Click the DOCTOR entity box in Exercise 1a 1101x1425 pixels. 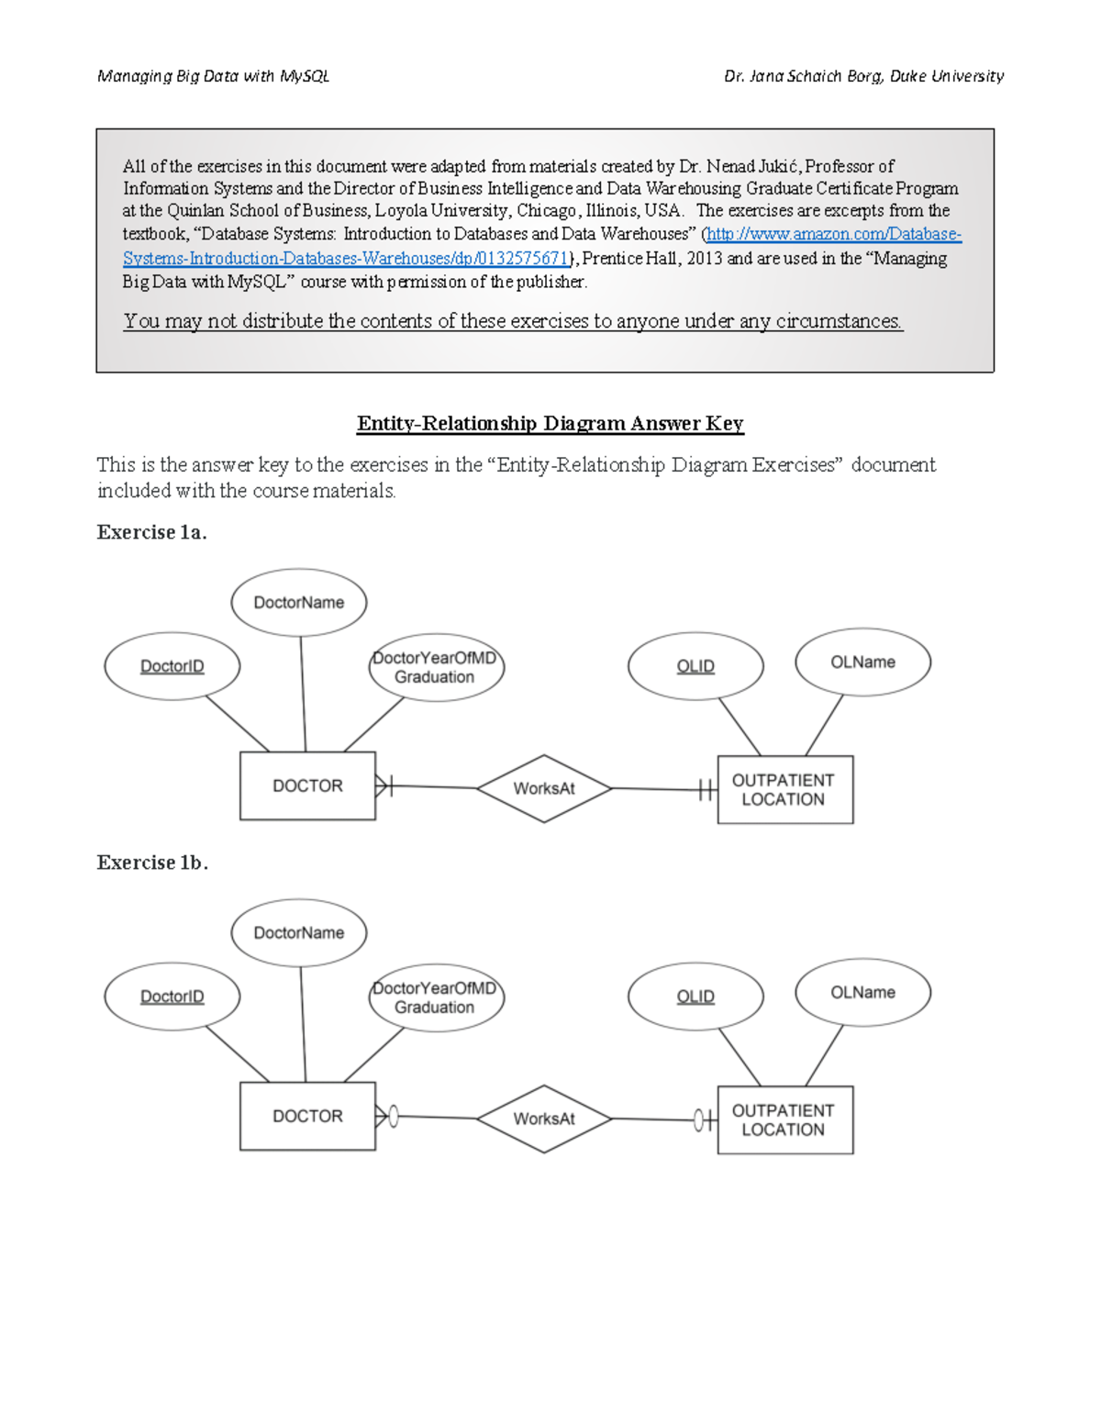point(307,785)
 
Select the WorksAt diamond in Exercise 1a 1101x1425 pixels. point(544,788)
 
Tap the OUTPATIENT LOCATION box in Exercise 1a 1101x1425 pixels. point(784,789)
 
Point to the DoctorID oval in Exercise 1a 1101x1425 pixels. point(172,666)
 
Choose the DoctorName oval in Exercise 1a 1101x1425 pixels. point(299,602)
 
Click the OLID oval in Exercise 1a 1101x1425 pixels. point(695,666)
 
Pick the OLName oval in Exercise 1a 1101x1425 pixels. point(862,662)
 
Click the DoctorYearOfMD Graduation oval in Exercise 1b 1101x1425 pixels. point(436,997)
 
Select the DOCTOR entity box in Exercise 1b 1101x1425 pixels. point(307,1116)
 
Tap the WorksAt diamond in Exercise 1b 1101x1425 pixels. point(544,1119)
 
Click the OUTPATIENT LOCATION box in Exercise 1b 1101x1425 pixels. point(784,1119)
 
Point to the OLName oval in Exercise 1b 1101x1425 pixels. point(862,992)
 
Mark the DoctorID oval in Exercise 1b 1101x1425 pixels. point(172,996)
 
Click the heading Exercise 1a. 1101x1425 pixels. point(151,532)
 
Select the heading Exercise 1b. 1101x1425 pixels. point(152,863)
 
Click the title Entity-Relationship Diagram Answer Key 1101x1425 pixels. point(550,423)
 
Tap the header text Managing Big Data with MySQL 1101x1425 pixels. point(213,76)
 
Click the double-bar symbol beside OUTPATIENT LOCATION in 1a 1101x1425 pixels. point(705,789)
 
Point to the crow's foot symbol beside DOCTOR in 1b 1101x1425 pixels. point(383,1117)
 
